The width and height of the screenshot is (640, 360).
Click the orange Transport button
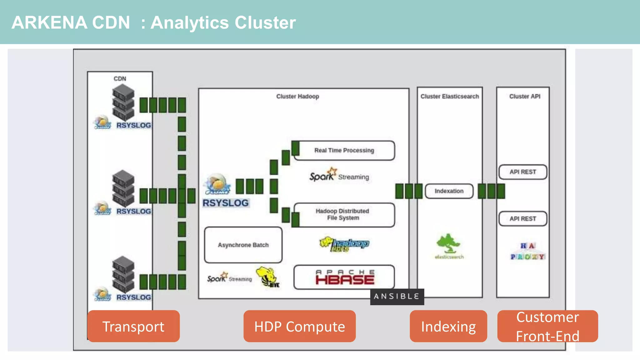tap(133, 326)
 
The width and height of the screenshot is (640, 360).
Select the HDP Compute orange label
tap(299, 326)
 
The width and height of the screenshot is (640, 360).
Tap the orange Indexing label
tap(448, 326)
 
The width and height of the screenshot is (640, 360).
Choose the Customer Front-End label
tap(547, 326)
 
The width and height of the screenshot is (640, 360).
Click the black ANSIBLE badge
tap(397, 297)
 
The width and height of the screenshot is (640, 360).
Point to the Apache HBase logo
tap(344, 277)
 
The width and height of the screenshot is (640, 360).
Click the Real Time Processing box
tap(344, 151)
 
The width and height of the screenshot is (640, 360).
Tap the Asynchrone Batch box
tap(243, 245)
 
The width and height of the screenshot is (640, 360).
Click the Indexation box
tap(449, 191)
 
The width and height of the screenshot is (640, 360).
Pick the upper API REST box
tap(523, 172)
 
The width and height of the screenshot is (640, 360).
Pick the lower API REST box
tap(523, 219)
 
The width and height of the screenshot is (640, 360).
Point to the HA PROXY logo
tap(528, 251)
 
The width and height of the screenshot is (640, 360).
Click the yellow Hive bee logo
tap(267, 277)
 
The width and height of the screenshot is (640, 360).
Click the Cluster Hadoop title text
tap(297, 97)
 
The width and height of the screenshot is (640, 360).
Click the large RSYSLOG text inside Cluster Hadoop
tap(226, 203)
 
